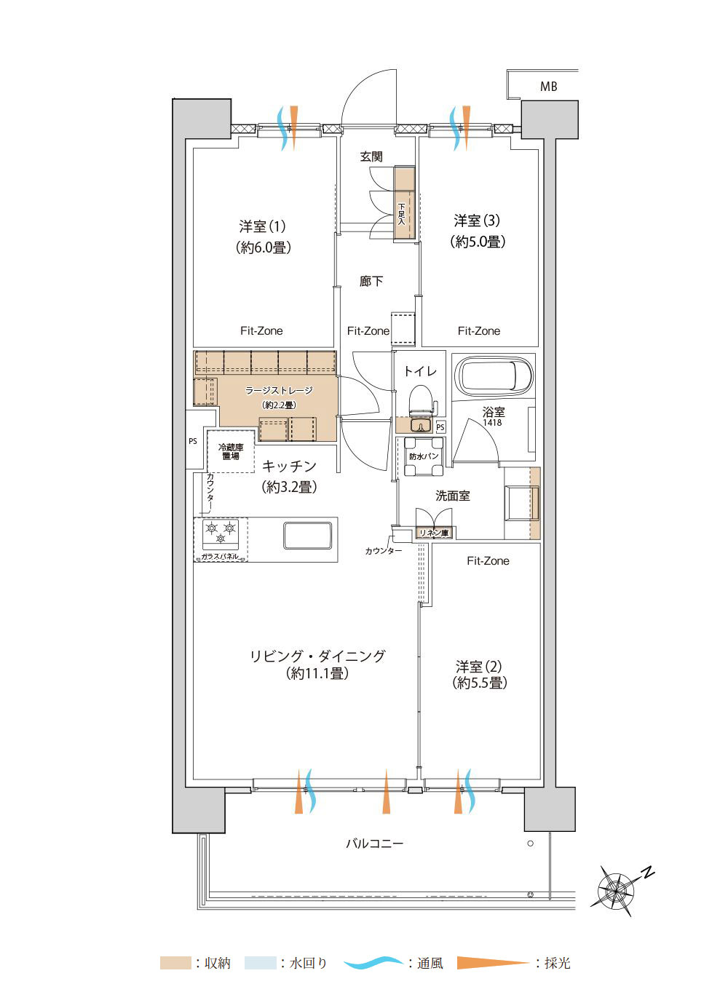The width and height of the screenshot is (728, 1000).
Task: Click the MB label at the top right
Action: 548,86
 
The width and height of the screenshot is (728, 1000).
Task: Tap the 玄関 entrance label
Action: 371,156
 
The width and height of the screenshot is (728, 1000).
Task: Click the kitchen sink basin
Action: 308,535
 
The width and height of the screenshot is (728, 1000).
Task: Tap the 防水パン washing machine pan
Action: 424,457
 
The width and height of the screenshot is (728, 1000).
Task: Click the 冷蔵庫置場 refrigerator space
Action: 231,451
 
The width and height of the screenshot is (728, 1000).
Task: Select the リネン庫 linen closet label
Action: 434,533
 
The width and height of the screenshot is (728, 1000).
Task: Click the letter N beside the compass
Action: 648,873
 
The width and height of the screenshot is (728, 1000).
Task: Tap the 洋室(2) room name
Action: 478,667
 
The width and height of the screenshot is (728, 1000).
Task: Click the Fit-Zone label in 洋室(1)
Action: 261,331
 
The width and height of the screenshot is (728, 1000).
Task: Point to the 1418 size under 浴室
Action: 492,422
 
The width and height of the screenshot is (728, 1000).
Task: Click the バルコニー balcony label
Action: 374,843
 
